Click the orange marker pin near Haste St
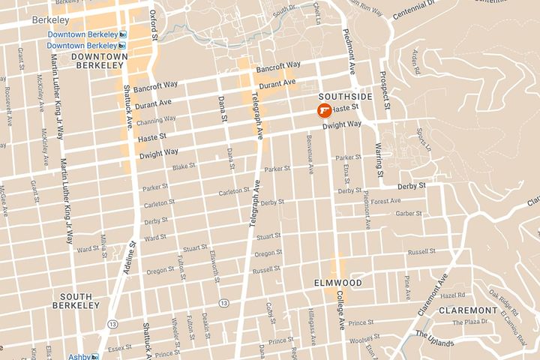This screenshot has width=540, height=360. pos(324,112)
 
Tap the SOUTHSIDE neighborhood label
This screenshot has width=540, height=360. pos(345,97)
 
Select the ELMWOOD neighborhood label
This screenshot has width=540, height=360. pos(337,283)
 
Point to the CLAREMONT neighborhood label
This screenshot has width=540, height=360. pos(469,310)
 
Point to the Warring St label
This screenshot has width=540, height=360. pos(378,154)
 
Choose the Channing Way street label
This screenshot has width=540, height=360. pos(156,120)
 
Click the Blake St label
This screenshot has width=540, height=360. pos(184,167)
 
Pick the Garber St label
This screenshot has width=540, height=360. pos(409,213)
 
